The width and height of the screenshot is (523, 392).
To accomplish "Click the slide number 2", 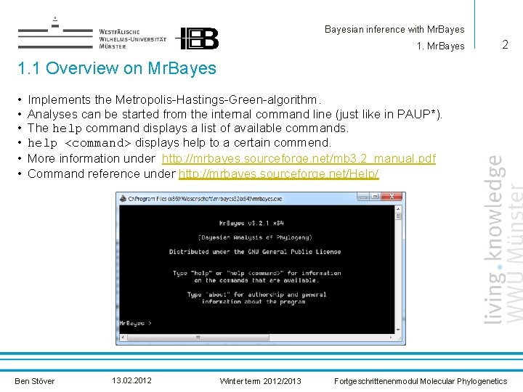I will [505, 45].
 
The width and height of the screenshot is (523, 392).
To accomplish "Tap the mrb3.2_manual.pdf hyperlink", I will [299, 158].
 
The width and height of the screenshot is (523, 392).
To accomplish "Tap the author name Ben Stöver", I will [34, 381].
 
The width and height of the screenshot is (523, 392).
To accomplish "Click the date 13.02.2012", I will [132, 380].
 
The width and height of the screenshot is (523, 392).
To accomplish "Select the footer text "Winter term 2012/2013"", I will [260, 381].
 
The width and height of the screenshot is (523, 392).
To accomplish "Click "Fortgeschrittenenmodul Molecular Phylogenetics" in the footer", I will [420, 381].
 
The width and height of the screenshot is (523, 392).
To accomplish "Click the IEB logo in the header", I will [198, 38].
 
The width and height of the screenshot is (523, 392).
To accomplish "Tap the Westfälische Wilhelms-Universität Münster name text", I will [132, 38].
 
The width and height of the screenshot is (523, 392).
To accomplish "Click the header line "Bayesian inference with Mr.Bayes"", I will [394, 30].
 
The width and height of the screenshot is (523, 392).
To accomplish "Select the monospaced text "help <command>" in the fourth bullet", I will [79, 143].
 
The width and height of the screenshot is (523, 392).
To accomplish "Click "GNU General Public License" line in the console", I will [255, 252].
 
